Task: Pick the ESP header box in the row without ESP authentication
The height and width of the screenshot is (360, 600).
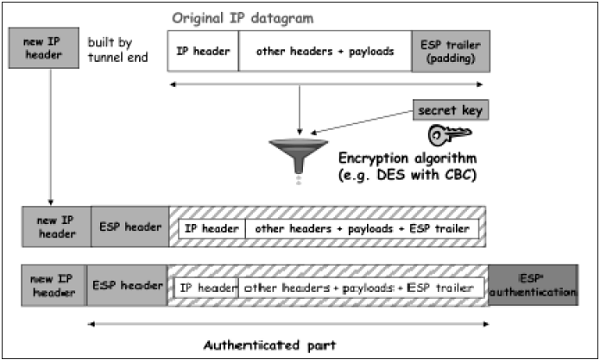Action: [x=129, y=228]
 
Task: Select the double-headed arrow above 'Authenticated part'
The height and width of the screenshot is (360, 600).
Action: [x=288, y=323]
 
